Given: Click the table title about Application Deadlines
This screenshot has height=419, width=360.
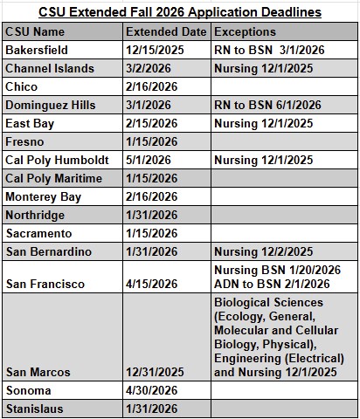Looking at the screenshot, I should [x=179, y=12].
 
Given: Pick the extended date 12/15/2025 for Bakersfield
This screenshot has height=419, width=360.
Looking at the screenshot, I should [x=153, y=51].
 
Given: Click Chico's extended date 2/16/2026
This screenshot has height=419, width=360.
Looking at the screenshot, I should [x=149, y=87].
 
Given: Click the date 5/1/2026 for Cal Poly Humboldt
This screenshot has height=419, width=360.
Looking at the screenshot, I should [x=146, y=161].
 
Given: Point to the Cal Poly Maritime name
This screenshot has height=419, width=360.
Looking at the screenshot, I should [x=53, y=179].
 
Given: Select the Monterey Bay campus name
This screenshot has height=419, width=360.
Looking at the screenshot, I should [x=43, y=197].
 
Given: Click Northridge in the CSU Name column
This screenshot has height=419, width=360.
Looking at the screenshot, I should [x=34, y=216].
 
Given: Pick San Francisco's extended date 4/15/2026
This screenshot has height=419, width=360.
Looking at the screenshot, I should [x=149, y=284].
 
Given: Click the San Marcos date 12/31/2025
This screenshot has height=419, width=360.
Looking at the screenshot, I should [x=153, y=371].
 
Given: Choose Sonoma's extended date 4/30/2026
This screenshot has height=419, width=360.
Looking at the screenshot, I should [x=149, y=389].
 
